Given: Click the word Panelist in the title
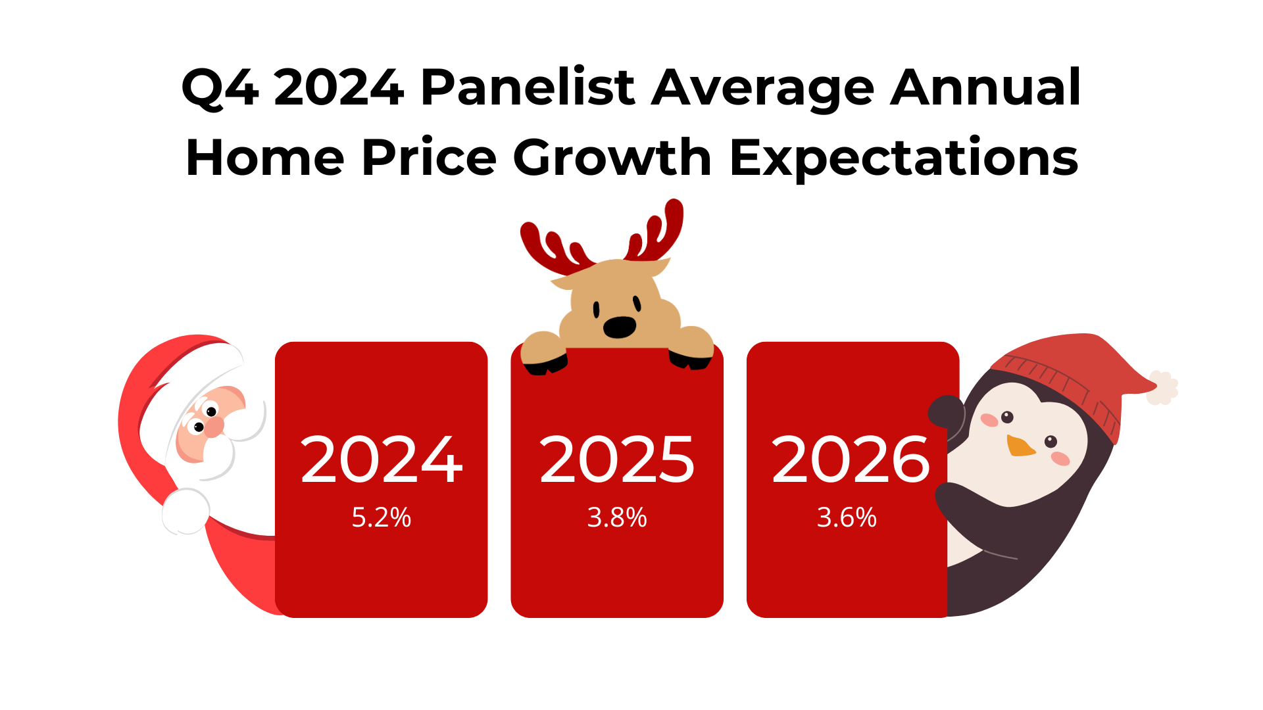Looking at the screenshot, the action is point(528,87).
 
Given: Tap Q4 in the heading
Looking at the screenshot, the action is point(220,88).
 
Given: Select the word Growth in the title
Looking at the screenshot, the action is point(612,157).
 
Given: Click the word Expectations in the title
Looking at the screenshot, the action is point(904,158).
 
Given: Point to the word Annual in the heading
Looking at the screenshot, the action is point(985,87).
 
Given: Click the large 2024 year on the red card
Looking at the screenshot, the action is point(382,460).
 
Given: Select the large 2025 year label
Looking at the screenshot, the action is point(617,460).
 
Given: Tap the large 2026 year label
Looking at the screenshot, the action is point(851,460).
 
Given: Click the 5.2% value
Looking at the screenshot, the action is point(382,517).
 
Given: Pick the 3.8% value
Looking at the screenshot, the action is point(617,517).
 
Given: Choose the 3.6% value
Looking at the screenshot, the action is point(847,517).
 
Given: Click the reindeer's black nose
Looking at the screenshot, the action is point(620,327).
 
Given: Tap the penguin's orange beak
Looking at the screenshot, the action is point(1020,446).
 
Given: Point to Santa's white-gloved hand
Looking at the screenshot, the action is point(186,511).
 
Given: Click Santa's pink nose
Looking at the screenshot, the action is point(213,427).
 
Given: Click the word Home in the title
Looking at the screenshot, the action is point(265,158).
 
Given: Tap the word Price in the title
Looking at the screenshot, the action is point(429,158).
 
